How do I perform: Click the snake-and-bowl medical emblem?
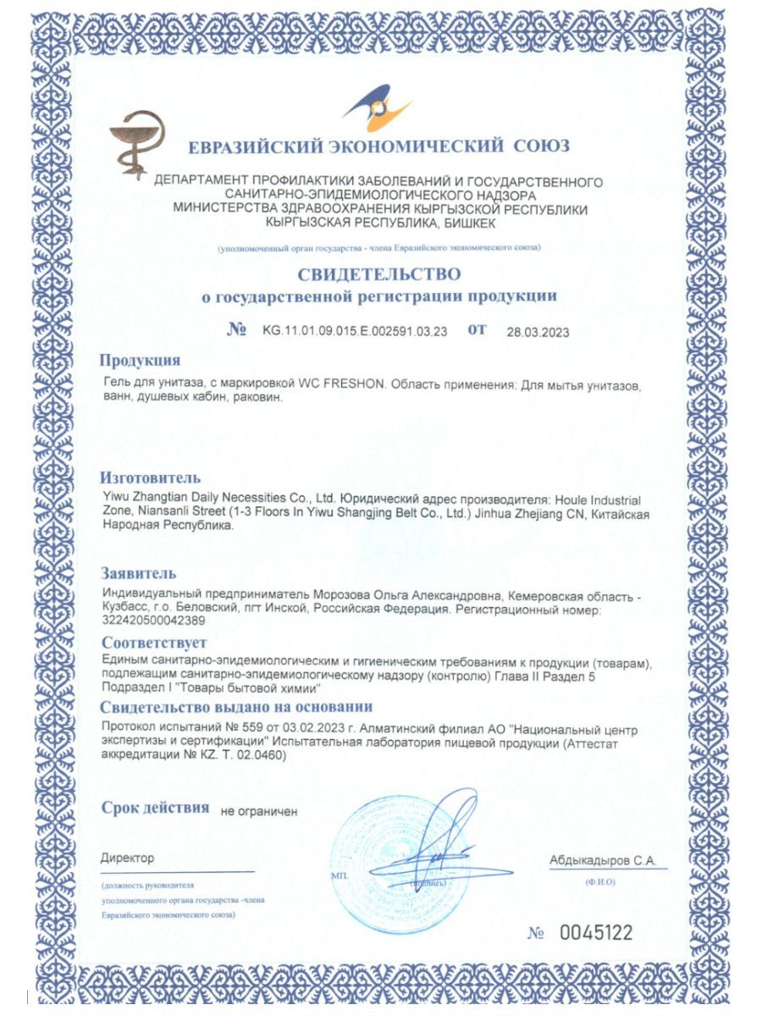pos(137,144)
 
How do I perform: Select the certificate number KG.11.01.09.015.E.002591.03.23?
pos(355,330)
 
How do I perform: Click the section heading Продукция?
pos(140,361)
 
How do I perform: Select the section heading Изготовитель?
pos(150,478)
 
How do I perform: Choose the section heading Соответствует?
pos(152,643)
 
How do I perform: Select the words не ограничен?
pos(258,810)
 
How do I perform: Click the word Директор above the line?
pos(127,858)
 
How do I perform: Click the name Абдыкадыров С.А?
pos(602,860)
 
